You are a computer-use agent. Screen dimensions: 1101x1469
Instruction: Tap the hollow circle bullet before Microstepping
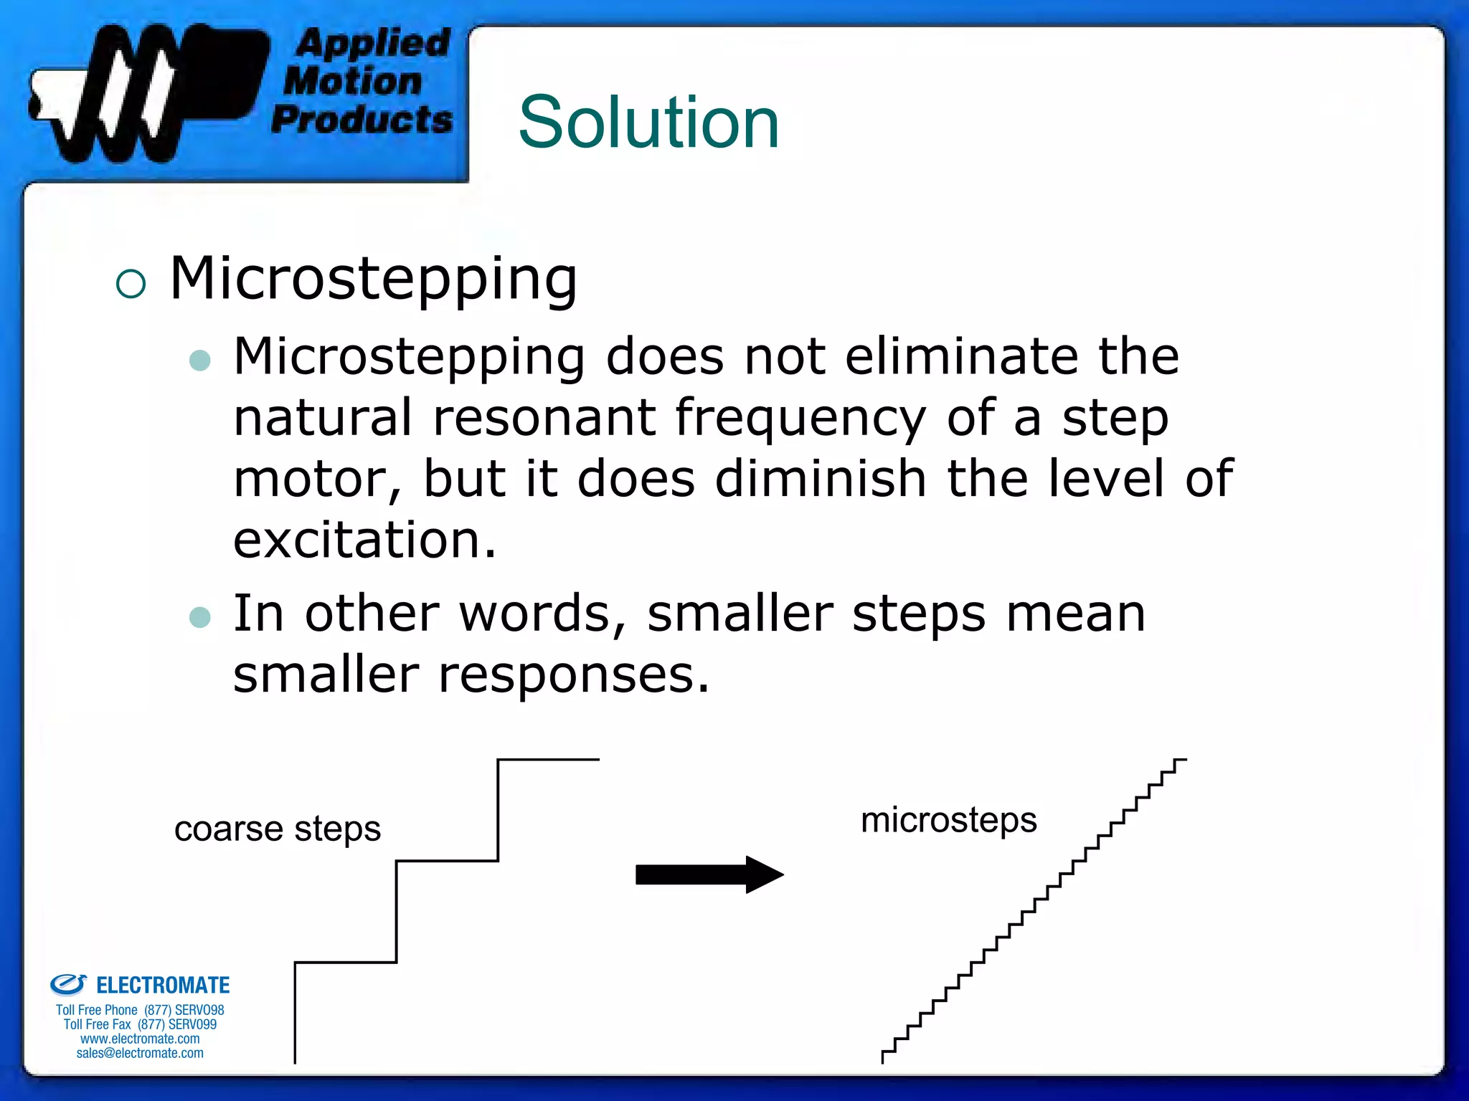tap(131, 284)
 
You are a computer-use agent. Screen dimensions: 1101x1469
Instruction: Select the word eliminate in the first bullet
tap(961, 356)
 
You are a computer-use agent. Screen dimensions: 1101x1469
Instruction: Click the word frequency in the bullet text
tap(800, 419)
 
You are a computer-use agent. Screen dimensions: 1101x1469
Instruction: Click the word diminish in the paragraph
tap(821, 479)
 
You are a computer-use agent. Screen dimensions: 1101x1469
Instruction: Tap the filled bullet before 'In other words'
tap(200, 616)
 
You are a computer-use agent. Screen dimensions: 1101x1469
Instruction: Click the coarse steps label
tap(277, 829)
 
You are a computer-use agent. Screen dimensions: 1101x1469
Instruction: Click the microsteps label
tap(948, 820)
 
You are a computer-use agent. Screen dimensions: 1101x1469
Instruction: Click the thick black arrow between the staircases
tap(709, 874)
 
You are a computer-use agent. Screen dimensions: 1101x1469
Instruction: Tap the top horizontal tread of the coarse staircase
tap(549, 760)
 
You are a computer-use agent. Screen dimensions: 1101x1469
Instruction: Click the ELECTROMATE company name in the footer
tap(163, 986)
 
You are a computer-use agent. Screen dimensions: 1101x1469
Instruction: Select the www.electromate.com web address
tap(140, 1039)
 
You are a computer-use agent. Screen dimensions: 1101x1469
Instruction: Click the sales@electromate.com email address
tap(140, 1053)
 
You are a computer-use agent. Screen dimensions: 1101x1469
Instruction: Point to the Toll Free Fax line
tap(140, 1024)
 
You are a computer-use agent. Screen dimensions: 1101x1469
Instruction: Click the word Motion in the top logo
tap(353, 81)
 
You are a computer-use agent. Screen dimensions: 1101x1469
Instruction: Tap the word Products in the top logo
tap(362, 119)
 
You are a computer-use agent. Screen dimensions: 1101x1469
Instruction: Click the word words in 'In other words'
tap(543, 614)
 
